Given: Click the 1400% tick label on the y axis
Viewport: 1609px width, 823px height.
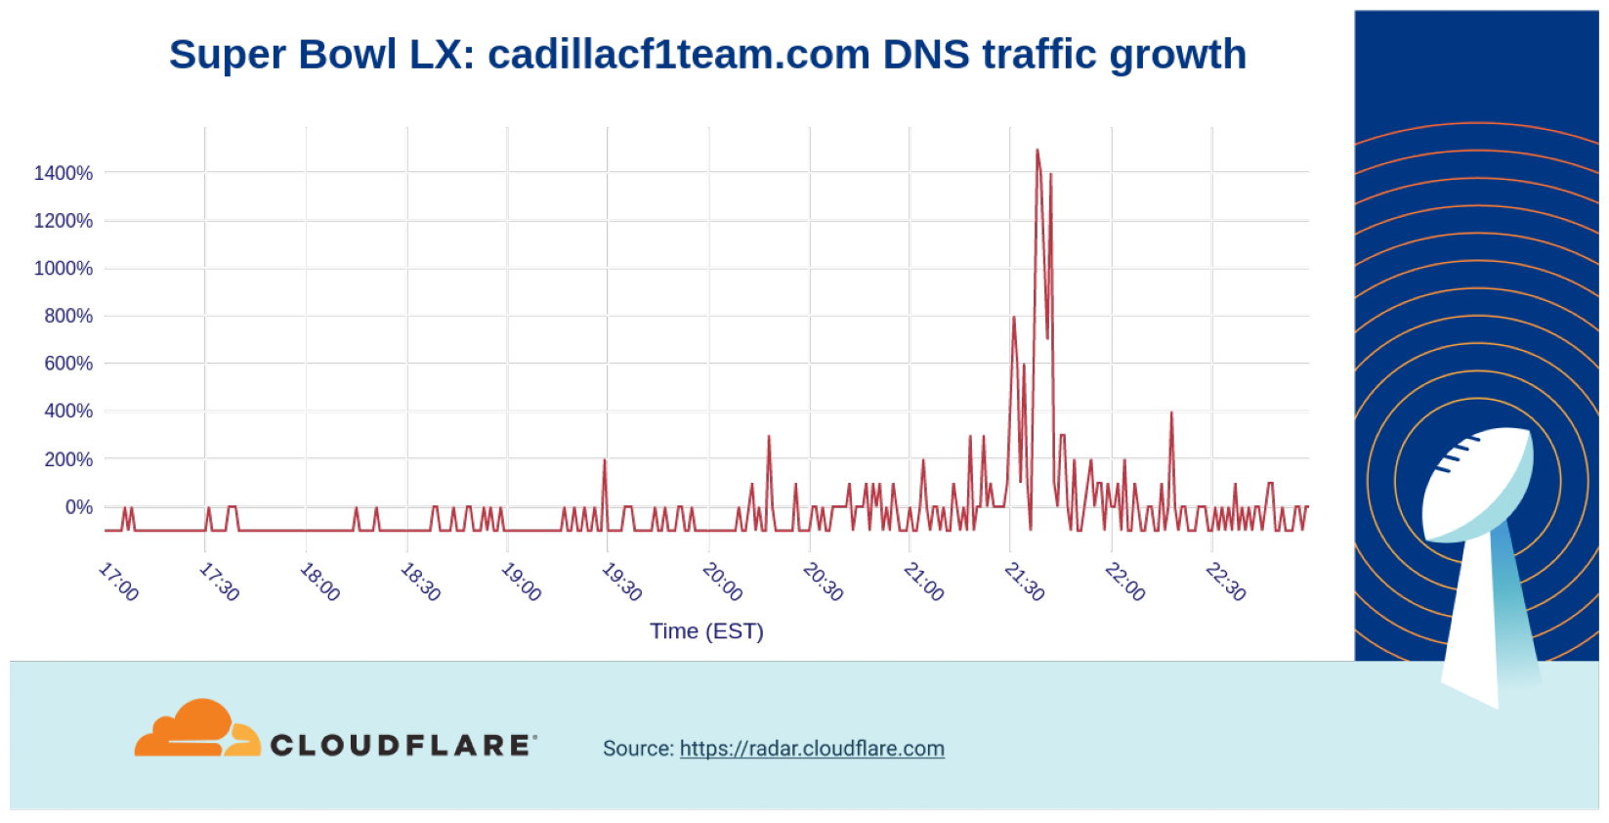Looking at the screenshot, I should tap(64, 173).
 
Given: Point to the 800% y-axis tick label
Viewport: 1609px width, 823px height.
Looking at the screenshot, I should tap(68, 316).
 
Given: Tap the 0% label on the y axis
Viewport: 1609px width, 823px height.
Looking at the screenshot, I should tap(79, 506).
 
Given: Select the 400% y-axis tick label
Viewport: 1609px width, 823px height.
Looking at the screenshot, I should tap(68, 411).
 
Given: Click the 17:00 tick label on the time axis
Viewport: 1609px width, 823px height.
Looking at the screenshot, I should tap(118, 582).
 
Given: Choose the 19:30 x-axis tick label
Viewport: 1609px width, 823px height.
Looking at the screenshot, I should tap(621, 582).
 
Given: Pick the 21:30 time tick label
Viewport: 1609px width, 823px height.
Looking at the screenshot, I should tap(1024, 582).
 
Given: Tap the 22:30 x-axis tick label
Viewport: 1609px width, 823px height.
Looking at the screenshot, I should tap(1225, 582).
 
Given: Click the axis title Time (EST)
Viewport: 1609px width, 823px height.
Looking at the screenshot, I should tap(706, 631).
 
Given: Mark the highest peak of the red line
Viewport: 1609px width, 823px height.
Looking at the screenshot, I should tap(1037, 151).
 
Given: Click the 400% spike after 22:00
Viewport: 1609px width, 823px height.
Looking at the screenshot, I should tap(1171, 413).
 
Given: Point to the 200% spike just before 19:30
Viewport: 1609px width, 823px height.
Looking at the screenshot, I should tap(605, 460).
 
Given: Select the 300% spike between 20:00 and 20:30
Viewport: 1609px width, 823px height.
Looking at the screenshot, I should tap(769, 437).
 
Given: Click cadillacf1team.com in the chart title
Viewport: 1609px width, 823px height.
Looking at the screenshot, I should tap(678, 55).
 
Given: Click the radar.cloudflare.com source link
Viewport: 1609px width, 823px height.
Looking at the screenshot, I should tap(812, 749).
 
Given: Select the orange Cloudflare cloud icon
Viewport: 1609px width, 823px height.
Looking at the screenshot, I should tap(195, 728).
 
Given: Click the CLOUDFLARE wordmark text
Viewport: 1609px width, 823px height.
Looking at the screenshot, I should tap(402, 746).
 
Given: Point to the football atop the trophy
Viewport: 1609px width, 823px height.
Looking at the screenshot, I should tap(1476, 483).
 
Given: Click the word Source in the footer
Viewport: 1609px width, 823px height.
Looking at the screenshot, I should tap(637, 749).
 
